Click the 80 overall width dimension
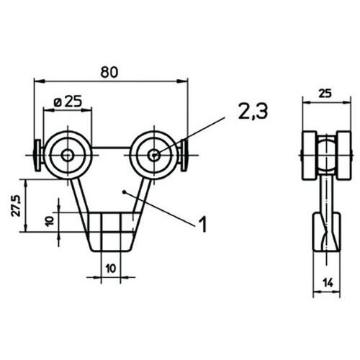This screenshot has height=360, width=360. [109, 72]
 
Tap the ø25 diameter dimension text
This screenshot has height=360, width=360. [68, 102]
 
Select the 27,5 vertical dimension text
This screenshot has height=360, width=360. [16, 206]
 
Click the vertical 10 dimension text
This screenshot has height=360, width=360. [50, 221]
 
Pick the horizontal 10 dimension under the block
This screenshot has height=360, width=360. [111, 269]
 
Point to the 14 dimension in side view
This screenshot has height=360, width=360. [328, 283]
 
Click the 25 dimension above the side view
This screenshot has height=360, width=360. [325, 94]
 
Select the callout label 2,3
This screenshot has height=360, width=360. [253, 111]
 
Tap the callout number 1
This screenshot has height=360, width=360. [203, 224]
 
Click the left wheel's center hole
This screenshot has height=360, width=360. [68, 156]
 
